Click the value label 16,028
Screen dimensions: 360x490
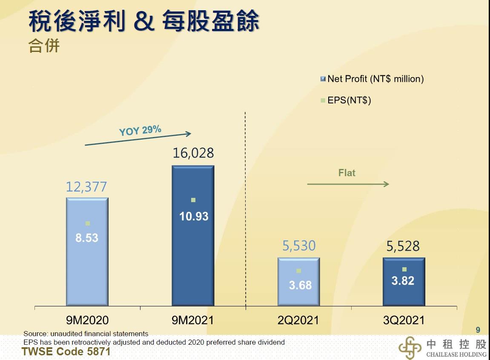193,153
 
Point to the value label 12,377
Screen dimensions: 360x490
86,186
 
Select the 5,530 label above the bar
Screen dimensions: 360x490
299,246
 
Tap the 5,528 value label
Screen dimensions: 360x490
403,246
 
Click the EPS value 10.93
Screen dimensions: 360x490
194,216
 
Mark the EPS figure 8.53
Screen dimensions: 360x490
87,238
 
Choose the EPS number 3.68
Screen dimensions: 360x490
300,285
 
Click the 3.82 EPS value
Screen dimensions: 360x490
403,281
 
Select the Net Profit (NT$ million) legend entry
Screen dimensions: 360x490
372,79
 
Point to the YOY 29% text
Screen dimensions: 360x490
140,130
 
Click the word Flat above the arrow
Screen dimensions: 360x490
347,173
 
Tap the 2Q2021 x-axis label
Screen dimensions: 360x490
298,320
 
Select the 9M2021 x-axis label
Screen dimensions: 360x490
192,320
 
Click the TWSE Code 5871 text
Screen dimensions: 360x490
66,351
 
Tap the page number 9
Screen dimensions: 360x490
478,330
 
